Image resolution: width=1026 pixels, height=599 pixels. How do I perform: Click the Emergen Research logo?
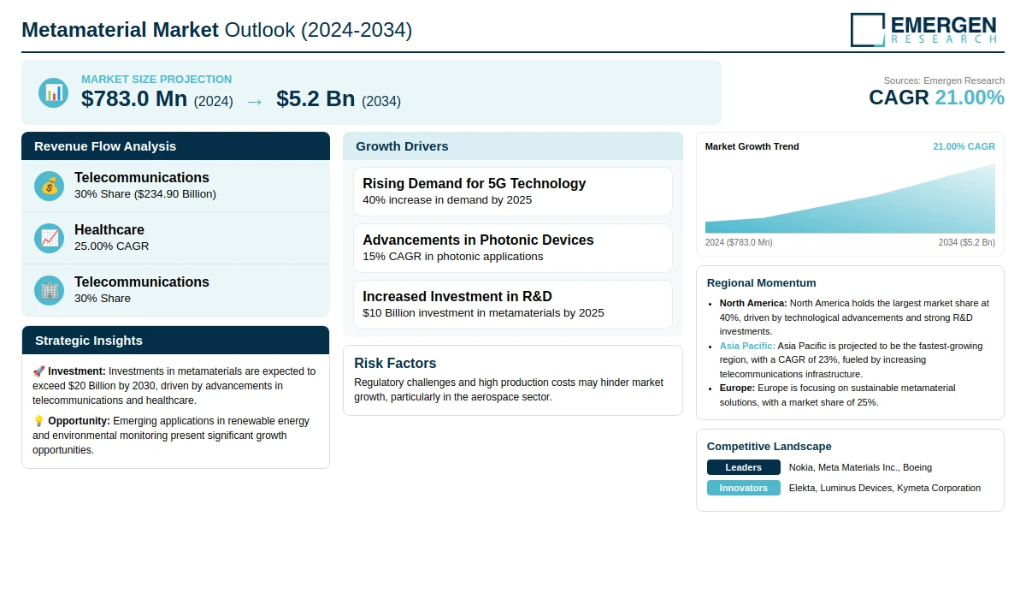(923, 29)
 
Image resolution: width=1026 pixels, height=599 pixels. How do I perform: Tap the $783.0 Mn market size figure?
(134, 99)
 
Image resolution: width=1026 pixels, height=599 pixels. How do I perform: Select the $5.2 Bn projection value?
(315, 99)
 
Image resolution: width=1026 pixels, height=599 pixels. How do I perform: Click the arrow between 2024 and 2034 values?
(254, 101)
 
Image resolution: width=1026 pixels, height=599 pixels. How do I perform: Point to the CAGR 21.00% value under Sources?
(936, 98)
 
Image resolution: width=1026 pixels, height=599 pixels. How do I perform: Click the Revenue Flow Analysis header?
(105, 146)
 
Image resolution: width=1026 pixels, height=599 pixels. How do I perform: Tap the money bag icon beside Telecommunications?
(50, 186)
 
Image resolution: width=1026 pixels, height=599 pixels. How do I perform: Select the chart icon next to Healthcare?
(50, 238)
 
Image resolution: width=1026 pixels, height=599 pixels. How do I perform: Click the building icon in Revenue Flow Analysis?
(50, 290)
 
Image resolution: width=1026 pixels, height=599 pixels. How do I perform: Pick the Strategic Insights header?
(89, 341)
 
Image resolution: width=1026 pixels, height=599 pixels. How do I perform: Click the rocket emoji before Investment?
(38, 371)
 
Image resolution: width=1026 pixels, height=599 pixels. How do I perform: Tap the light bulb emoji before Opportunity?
(38, 421)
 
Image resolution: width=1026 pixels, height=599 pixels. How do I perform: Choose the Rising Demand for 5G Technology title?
(474, 183)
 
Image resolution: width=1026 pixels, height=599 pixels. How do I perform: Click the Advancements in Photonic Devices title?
(478, 240)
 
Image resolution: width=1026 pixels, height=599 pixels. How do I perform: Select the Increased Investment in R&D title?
(457, 296)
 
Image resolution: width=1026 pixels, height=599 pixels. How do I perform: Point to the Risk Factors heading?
(395, 363)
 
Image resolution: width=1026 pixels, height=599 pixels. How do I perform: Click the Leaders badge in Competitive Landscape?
(743, 467)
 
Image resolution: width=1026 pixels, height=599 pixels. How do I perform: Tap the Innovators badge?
(743, 488)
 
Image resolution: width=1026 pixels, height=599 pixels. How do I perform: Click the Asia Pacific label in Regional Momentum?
(747, 346)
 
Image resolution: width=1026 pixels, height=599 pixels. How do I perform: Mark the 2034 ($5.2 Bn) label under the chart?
(966, 242)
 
